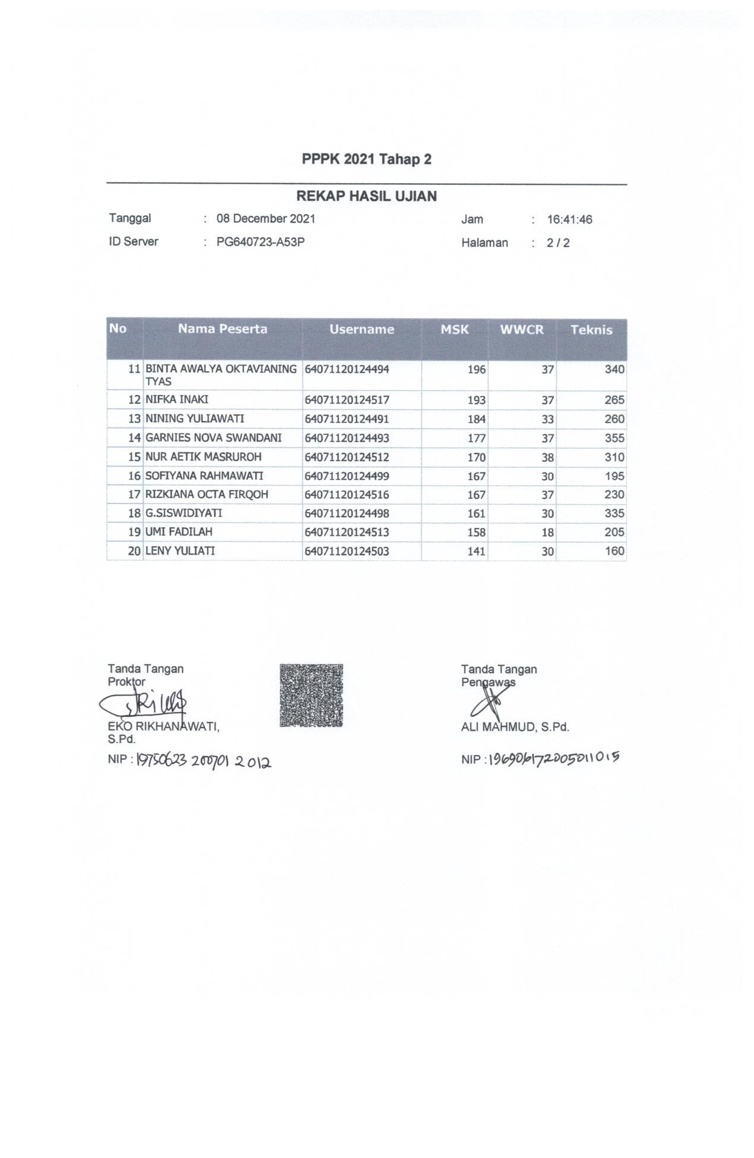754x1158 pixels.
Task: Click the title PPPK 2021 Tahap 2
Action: pyautogui.click(x=366, y=159)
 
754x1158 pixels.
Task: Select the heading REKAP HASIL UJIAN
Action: pyautogui.click(x=366, y=196)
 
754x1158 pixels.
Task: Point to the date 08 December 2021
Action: pyautogui.click(x=266, y=219)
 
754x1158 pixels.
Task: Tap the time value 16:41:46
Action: pyautogui.click(x=569, y=220)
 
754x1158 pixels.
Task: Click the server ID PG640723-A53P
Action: pyautogui.click(x=260, y=242)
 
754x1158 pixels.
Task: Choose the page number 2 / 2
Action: pyautogui.click(x=558, y=243)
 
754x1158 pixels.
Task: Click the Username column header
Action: pyautogui.click(x=361, y=329)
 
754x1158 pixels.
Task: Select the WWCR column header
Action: pyautogui.click(x=521, y=330)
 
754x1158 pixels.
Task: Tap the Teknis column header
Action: pyautogui.click(x=591, y=331)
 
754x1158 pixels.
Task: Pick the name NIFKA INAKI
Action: pyautogui.click(x=176, y=399)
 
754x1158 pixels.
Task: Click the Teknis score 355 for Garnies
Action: pyautogui.click(x=614, y=438)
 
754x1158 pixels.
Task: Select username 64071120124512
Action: pyautogui.click(x=346, y=457)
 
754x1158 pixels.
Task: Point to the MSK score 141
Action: pyautogui.click(x=476, y=552)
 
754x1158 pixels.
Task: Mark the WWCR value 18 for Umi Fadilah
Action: pyautogui.click(x=547, y=533)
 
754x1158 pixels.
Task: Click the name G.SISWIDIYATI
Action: pyautogui.click(x=175, y=513)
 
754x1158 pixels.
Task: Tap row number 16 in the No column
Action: pyautogui.click(x=134, y=476)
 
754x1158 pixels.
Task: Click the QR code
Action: pyautogui.click(x=311, y=695)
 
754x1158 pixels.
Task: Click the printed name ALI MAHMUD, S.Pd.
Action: pyautogui.click(x=515, y=726)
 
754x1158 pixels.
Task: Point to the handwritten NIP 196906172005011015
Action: pyautogui.click(x=553, y=759)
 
